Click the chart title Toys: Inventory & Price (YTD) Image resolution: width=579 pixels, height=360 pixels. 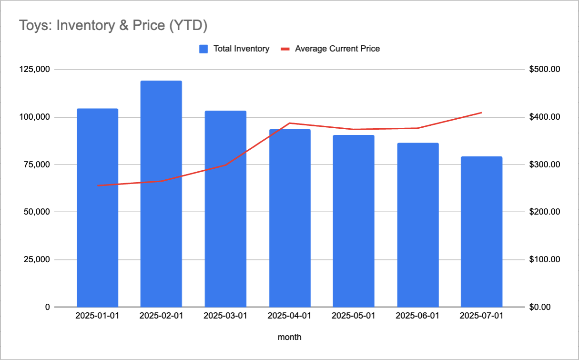pyautogui.click(x=113, y=25)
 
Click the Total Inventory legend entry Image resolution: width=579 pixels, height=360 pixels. pyautogui.click(x=241, y=49)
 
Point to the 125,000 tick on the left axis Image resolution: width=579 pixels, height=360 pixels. pyautogui.click(x=35, y=70)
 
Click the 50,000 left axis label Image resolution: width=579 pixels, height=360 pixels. pyautogui.click(x=37, y=212)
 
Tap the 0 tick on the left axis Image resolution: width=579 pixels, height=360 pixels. pyautogui.click(x=47, y=307)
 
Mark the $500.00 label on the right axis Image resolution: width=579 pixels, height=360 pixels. pyautogui.click(x=545, y=70)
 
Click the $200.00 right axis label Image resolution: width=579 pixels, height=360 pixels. pyautogui.click(x=545, y=212)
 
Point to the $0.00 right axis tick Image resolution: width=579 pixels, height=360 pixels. pyautogui.click(x=541, y=307)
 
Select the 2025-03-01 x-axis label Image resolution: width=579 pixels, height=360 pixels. pyautogui.click(x=225, y=316)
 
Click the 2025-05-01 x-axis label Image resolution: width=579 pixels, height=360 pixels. pyautogui.click(x=353, y=316)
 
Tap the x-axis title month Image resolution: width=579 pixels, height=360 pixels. pyautogui.click(x=290, y=337)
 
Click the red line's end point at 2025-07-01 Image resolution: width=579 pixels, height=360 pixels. pyautogui.click(x=481, y=113)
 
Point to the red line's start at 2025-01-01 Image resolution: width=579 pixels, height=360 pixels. pyautogui.click(x=98, y=185)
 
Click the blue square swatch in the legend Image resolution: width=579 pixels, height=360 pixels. pyautogui.click(x=203, y=49)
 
